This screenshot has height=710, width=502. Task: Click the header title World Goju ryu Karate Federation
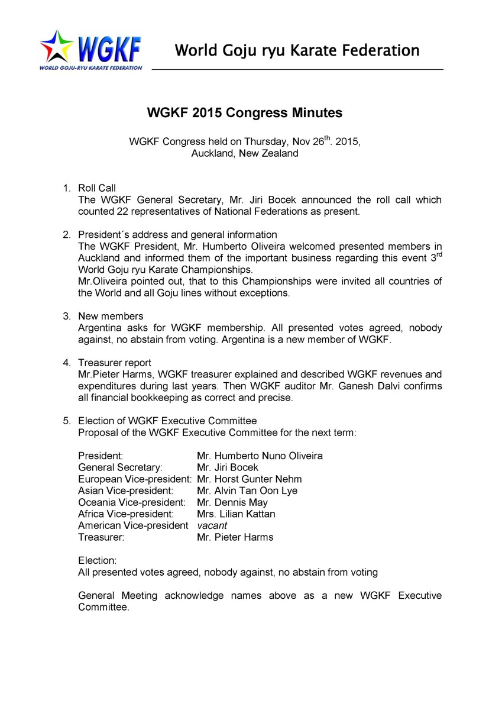point(297,50)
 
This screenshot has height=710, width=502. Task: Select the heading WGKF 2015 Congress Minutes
point(244,112)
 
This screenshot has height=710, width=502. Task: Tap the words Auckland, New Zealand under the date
point(244,153)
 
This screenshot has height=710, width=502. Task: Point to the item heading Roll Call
point(97,188)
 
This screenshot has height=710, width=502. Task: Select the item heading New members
point(111,316)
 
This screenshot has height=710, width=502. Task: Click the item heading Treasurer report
point(115,363)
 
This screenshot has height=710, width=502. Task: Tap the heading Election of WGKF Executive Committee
point(167,421)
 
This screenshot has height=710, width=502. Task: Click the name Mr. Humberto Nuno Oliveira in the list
point(260,456)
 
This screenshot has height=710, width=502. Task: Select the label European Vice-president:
point(135,479)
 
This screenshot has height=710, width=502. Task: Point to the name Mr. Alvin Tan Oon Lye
point(247,490)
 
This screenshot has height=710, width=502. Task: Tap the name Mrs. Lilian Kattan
point(236,514)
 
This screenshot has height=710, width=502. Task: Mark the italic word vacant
point(212,525)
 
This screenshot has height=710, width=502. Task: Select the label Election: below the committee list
point(98,560)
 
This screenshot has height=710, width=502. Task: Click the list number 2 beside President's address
point(66,234)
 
